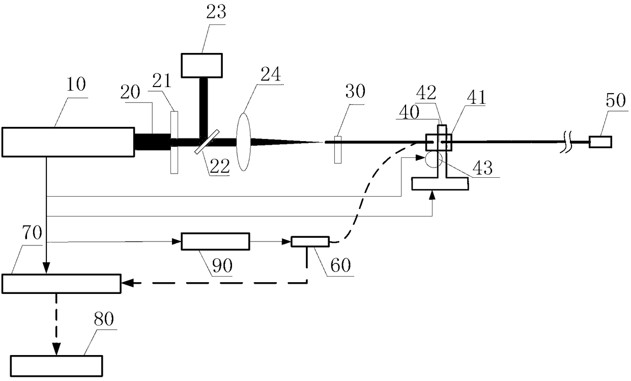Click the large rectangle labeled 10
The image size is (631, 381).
[68, 142]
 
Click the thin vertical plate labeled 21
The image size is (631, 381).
[174, 142]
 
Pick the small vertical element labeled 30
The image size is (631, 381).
[337, 149]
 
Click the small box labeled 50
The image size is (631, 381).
[600, 142]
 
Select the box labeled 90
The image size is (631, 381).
[216, 241]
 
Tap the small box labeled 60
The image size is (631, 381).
[310, 241]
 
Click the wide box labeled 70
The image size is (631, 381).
[61, 284]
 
